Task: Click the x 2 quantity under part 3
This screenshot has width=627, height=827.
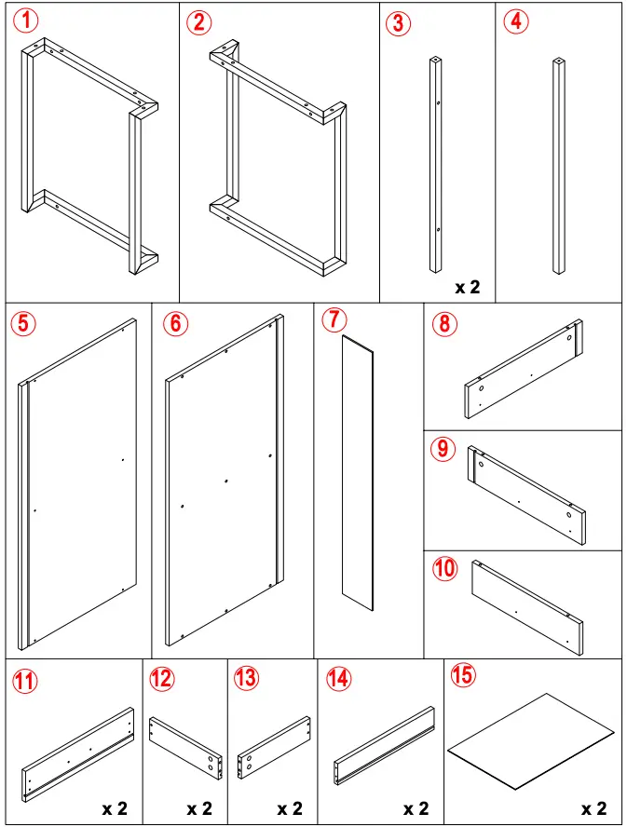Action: [x=468, y=287]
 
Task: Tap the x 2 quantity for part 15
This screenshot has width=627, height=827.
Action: [x=593, y=808]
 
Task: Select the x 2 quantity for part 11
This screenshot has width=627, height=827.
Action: [x=115, y=808]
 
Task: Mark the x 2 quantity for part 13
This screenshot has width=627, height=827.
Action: [x=290, y=808]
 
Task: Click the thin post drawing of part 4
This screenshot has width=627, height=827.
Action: [x=558, y=168]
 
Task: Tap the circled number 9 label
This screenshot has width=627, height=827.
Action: [x=444, y=449]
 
